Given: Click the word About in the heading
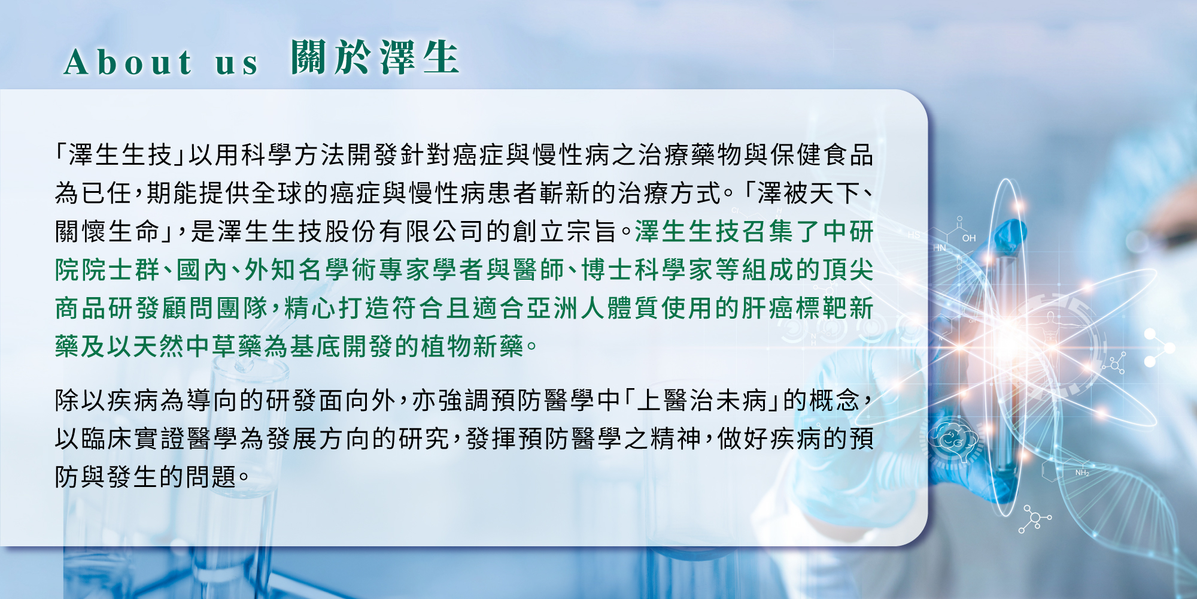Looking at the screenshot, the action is (128, 62).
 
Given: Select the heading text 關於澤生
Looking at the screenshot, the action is (375, 58).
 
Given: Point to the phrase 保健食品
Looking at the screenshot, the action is (822, 155).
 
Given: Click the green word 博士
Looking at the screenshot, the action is (607, 270).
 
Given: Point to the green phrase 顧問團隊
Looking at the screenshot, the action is (215, 308).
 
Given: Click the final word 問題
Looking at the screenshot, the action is (211, 477).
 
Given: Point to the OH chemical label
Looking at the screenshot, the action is (969, 238).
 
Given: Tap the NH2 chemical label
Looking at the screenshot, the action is (1082, 473).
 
